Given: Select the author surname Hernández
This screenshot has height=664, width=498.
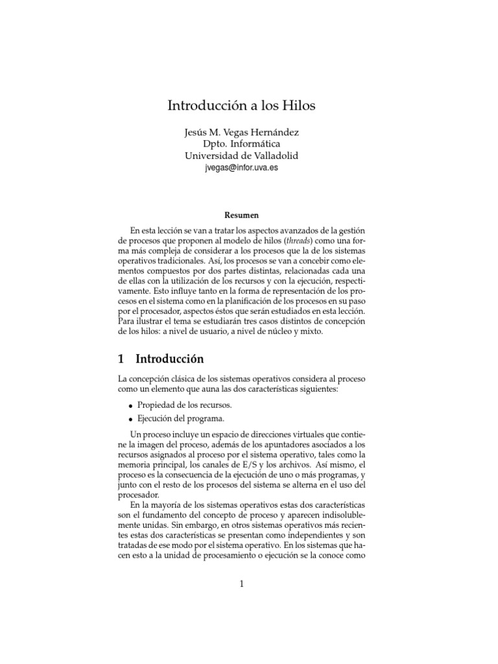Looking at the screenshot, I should click(x=272, y=132).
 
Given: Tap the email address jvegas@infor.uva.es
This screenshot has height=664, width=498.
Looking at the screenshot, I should click(x=243, y=168).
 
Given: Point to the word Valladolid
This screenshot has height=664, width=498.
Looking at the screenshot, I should click(x=272, y=156).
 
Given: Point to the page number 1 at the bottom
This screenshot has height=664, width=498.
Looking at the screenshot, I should click(x=241, y=584).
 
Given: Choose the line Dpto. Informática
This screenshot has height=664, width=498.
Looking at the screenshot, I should click(x=242, y=144).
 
